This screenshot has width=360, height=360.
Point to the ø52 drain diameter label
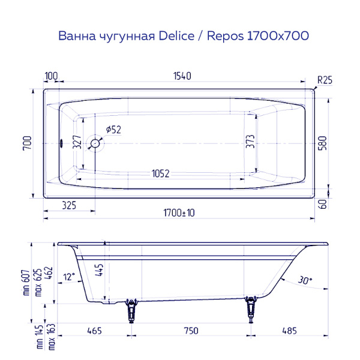(x=113, y=129)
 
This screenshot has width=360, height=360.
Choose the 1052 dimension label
(x=160, y=174)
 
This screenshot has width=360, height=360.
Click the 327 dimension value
(x=77, y=142)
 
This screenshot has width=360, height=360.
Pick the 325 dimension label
(x=69, y=206)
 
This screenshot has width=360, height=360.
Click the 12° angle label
(x=70, y=277)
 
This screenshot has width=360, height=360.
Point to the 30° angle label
(x=304, y=280)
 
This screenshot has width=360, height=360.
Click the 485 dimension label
(x=290, y=331)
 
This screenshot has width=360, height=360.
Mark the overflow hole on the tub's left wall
(x=61, y=143)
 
